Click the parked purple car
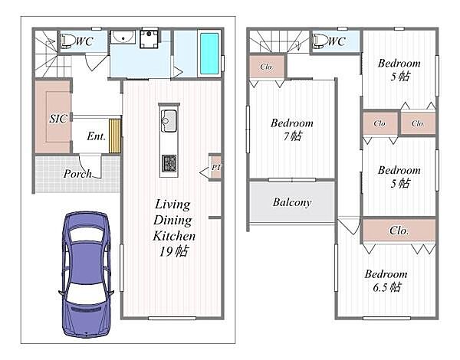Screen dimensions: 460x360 tap(86, 274)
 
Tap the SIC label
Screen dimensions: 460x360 tap(58, 119)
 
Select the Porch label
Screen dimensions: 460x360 tap(77, 174)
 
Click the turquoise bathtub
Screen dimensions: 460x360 tap(209, 54)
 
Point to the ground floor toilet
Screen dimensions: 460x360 tap(67, 41)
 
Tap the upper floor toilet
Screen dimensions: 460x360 tap(320, 41)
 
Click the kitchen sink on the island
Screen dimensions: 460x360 tap(169, 120)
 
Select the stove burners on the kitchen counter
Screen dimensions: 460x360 tap(169, 163)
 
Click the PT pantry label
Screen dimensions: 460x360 tap(216, 168)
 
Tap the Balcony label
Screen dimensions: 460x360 tap(292, 202)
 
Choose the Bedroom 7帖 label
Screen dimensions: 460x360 tap(292, 129)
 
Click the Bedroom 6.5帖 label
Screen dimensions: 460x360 tap(386, 280)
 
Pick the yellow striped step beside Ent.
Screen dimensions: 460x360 tap(115, 136)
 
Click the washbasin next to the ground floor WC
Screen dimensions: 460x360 tap(123, 38)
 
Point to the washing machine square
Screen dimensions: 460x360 tap(149, 39)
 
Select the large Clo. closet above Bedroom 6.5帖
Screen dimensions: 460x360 tap(399, 231)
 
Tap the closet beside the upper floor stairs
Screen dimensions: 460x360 tap(266, 67)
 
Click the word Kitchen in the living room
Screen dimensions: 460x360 tap(174, 236)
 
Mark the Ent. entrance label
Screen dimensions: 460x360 tap(97, 136)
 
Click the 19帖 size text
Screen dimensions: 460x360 tap(174, 251)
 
